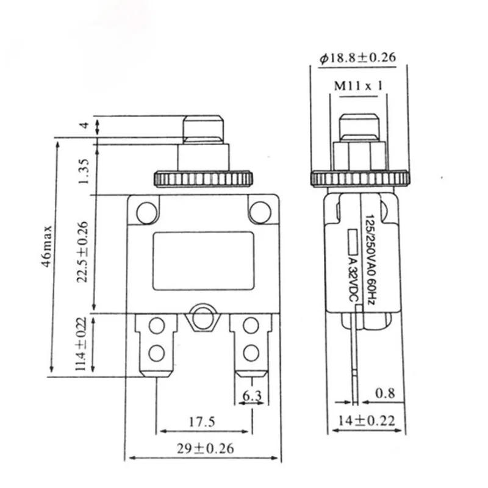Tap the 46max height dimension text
48,253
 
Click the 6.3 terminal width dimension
251,396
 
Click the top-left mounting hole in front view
146,212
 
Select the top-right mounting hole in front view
260,212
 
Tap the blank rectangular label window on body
203,260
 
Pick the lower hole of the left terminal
156,352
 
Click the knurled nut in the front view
203,179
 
